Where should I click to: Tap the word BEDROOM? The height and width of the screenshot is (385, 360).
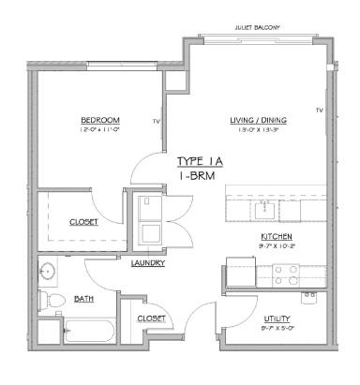(x=99, y=121)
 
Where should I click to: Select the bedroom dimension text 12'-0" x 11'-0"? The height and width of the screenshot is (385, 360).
(x=99, y=131)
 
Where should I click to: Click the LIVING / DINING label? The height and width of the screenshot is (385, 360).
(x=258, y=121)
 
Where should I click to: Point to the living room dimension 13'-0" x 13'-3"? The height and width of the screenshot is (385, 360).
(x=258, y=131)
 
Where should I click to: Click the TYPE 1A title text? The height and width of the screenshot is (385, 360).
(x=199, y=161)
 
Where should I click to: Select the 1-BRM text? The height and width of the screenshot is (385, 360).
(x=199, y=175)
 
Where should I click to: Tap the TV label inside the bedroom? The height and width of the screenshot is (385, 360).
(x=157, y=122)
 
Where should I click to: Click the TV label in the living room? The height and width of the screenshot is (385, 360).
(x=319, y=111)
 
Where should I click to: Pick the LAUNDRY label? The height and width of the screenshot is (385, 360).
(x=149, y=263)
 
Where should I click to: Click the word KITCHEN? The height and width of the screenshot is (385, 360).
(x=277, y=236)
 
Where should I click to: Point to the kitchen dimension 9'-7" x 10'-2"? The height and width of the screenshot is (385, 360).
(x=277, y=245)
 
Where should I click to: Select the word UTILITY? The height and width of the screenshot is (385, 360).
(x=277, y=319)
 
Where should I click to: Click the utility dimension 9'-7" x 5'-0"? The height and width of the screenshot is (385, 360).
(x=277, y=329)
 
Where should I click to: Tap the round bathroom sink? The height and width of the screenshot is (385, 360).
(x=49, y=272)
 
